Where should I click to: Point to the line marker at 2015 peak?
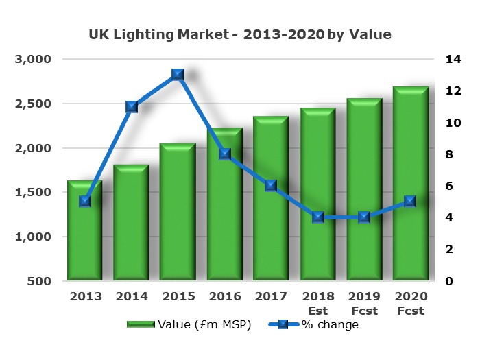coord(178,75)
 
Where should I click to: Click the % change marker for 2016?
coord(224,154)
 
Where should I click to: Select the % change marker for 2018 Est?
coord(318,217)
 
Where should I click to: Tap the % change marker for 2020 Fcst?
coord(410,202)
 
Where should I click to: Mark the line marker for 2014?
coord(132,107)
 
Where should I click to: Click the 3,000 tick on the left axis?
coord(33,60)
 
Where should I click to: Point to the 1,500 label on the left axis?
coord(33,193)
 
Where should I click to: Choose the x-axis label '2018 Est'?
coord(317,302)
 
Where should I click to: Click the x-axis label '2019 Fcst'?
coord(364,302)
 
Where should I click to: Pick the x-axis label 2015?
coord(178,296)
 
